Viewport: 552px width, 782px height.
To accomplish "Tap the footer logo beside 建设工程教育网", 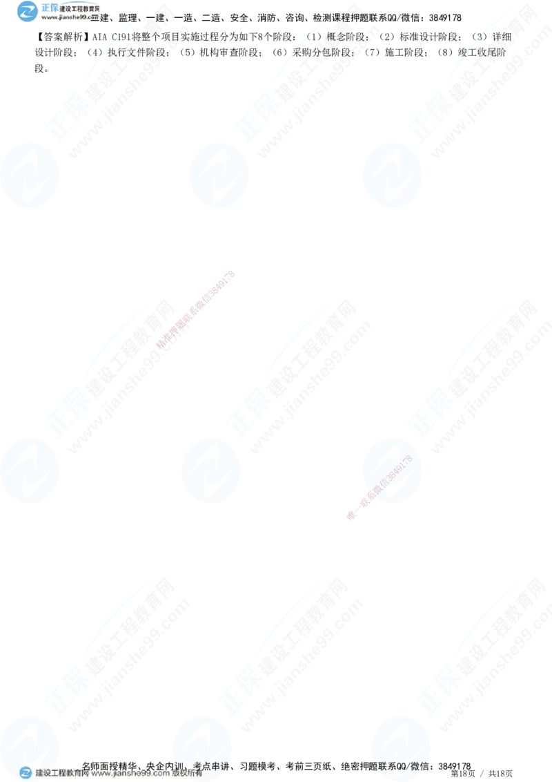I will [25, 773].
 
